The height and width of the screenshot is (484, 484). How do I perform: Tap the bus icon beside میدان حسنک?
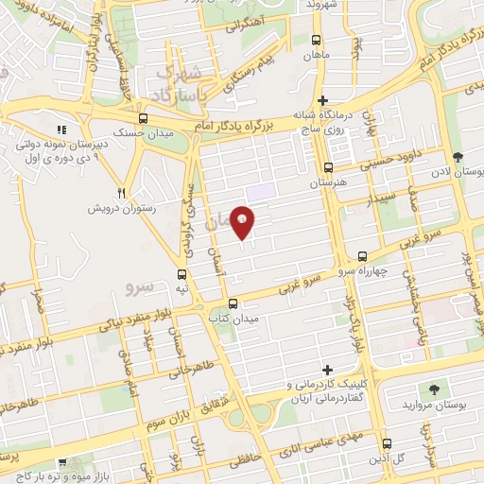pos(143,119)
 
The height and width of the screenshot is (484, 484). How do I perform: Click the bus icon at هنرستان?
pos(314,164)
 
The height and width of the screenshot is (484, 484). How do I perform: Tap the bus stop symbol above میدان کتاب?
pos(233,303)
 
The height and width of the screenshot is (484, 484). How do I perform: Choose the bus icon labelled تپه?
pos(181,274)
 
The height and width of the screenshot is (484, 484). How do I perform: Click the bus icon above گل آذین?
pos(386,443)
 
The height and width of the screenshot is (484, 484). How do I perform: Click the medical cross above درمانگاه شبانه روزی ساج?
pos(323,100)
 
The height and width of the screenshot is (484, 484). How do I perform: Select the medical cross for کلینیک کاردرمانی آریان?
pos(328,370)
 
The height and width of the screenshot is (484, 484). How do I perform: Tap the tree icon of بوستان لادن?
pos(458,156)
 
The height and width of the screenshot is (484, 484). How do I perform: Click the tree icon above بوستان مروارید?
pos(434,389)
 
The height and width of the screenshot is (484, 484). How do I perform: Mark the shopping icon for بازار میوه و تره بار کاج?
pos(63,463)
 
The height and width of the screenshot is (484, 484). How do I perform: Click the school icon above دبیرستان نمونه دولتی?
pos(61,130)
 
